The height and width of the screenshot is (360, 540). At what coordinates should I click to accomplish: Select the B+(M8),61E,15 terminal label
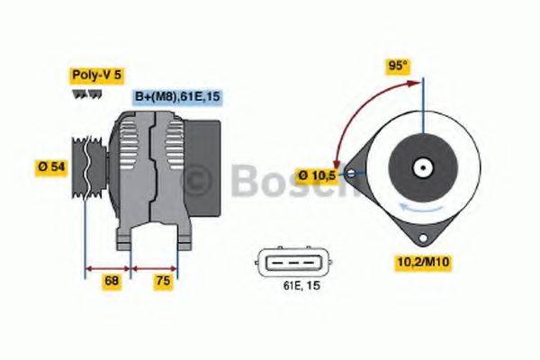[177, 97]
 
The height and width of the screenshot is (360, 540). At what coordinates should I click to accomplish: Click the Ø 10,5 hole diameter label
[316, 175]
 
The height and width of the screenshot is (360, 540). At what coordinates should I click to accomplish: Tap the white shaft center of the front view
[421, 168]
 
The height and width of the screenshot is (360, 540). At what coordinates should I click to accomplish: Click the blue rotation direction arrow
[423, 206]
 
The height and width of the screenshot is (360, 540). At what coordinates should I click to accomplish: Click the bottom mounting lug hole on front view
[421, 236]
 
